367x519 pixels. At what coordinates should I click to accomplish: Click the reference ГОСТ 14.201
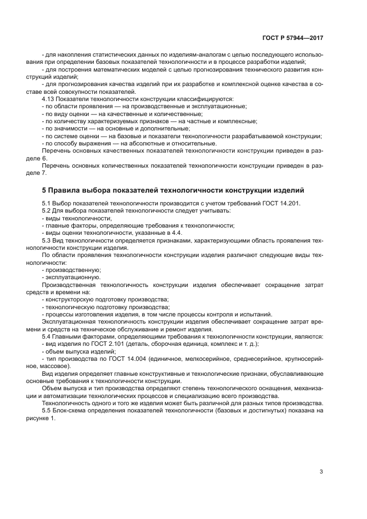click(x=283, y=204)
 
